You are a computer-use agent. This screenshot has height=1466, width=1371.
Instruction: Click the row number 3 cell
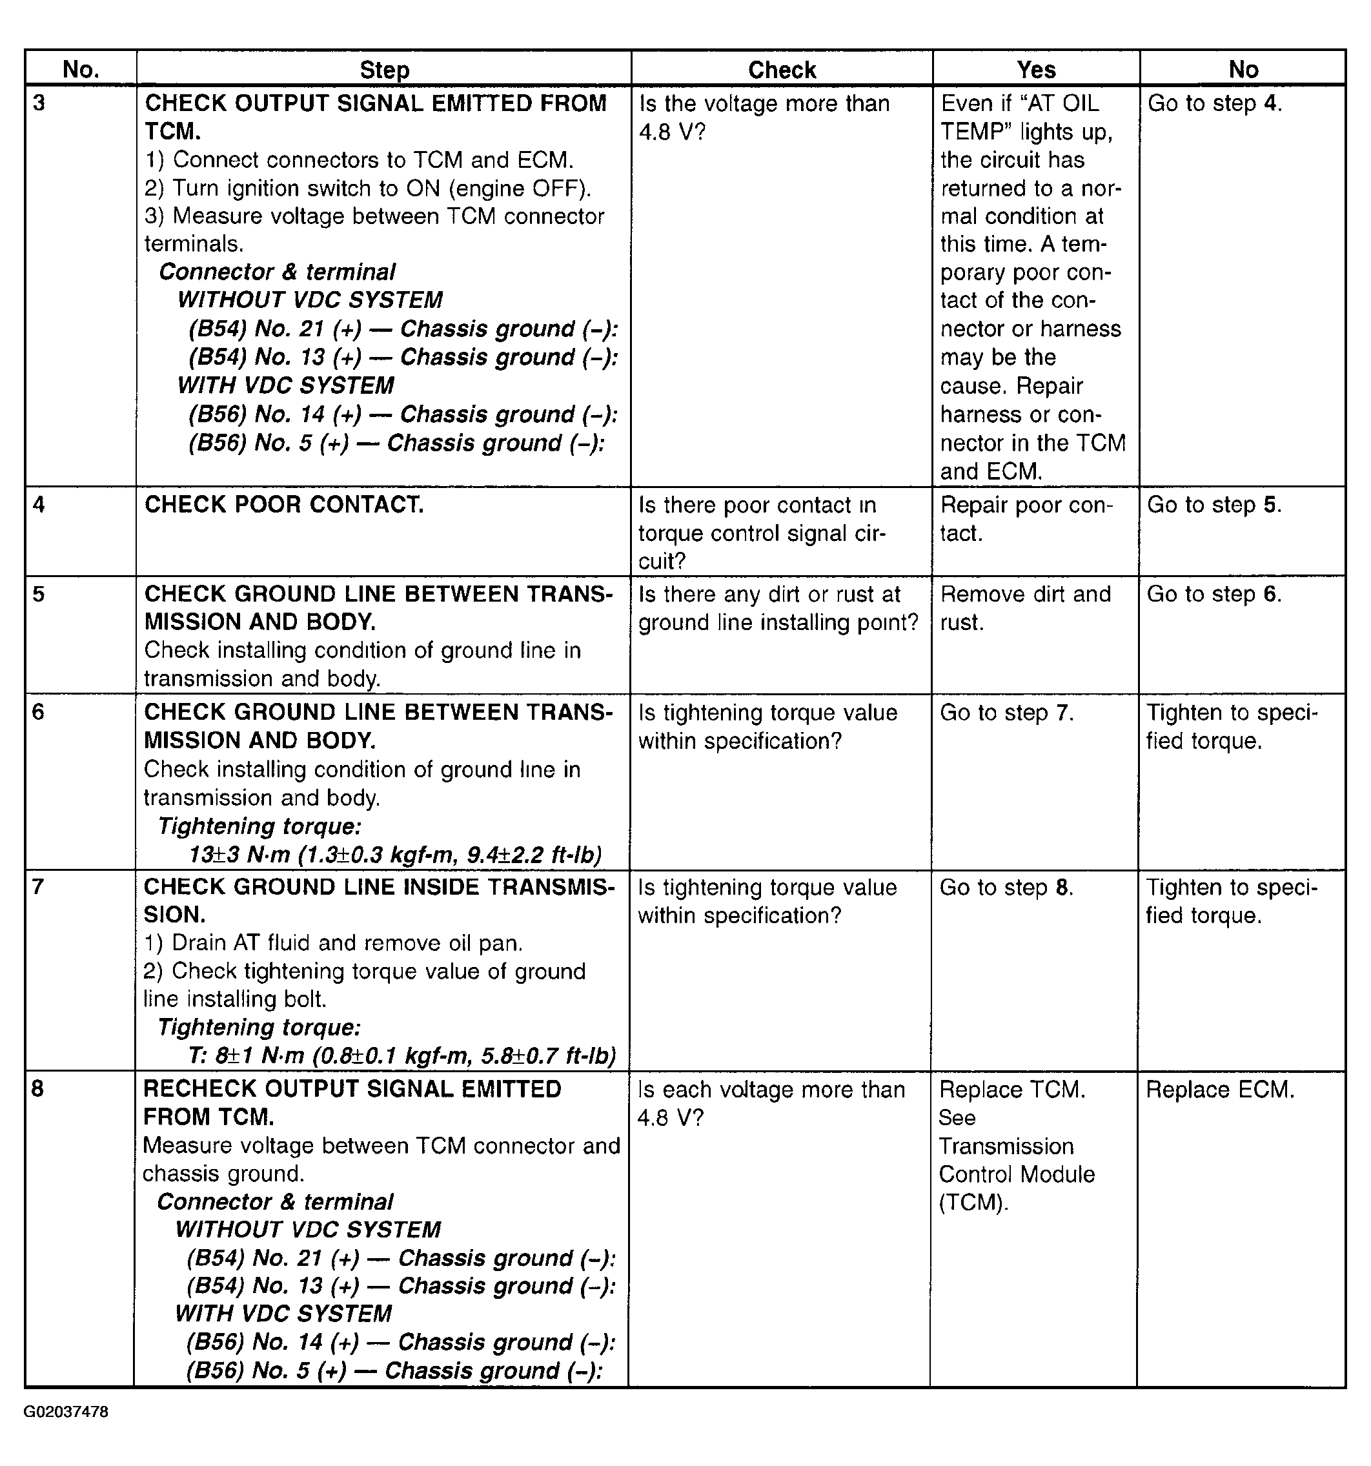[40, 103]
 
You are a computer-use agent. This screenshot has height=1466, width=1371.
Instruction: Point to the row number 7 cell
[38, 886]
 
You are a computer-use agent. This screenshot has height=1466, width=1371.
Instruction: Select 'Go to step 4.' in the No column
[1215, 103]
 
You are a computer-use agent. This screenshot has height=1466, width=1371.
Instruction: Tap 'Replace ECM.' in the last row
[1220, 1089]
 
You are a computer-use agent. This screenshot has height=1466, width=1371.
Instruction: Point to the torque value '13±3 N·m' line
[394, 855]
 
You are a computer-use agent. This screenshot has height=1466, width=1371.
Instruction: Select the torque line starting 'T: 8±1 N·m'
[401, 1056]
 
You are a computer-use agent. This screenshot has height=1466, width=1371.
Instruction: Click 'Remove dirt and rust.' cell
[1025, 607]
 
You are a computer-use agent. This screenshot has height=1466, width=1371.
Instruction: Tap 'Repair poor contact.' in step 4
[1026, 518]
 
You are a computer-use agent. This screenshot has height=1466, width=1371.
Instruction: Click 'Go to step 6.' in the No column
[1214, 594]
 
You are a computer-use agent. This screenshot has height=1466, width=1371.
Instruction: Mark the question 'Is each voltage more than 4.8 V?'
[771, 1103]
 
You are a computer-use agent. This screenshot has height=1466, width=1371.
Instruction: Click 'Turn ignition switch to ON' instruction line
[367, 188]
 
